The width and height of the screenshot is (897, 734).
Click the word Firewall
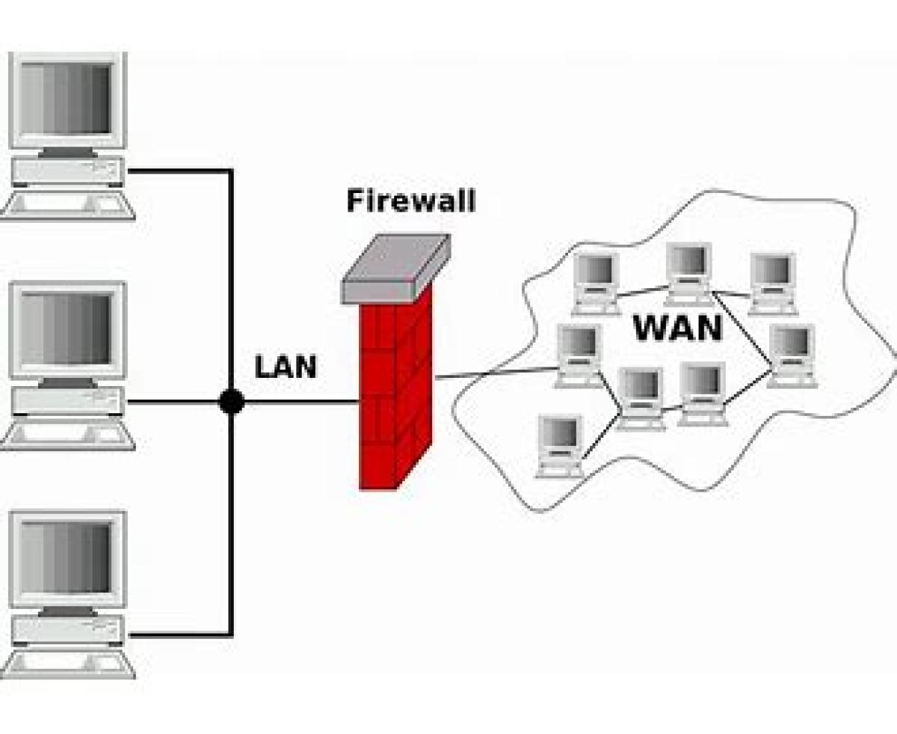pyautogui.click(x=410, y=201)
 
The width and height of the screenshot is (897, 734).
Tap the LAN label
pyautogui.click(x=286, y=367)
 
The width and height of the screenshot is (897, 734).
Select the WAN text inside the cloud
pyautogui.click(x=678, y=328)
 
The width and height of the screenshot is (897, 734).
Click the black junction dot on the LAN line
pyautogui.click(x=231, y=402)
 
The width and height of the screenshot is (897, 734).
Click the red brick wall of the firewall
pyautogui.click(x=395, y=389)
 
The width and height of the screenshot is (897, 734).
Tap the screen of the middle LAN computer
pyautogui.click(x=67, y=328)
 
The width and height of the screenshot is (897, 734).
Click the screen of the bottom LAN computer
pyautogui.click(x=67, y=558)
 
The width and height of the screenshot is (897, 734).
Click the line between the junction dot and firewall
pyautogui.click(x=299, y=402)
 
